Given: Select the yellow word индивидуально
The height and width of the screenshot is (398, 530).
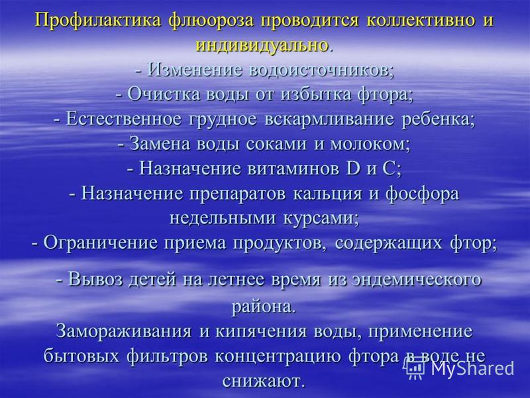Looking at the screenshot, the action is pyautogui.click(x=262, y=45).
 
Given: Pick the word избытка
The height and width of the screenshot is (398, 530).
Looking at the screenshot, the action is pyautogui.click(x=316, y=94).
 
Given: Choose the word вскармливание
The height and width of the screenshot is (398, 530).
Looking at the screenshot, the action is pyautogui.click(x=329, y=119).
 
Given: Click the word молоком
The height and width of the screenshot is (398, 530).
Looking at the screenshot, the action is pyautogui.click(x=368, y=144).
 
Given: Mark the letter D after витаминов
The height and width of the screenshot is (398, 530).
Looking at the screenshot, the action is pyautogui.click(x=354, y=168).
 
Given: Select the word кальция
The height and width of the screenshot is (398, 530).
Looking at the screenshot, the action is pyautogui.click(x=327, y=194).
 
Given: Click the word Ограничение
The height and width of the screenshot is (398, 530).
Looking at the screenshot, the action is pyautogui.click(x=101, y=243).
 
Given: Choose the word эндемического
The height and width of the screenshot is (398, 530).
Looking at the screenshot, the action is pyautogui.click(x=417, y=280).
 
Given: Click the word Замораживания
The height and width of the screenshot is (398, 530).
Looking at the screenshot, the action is pyautogui.click(x=124, y=331).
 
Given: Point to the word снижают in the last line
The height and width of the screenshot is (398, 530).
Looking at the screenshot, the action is pyautogui.click(x=260, y=381).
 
